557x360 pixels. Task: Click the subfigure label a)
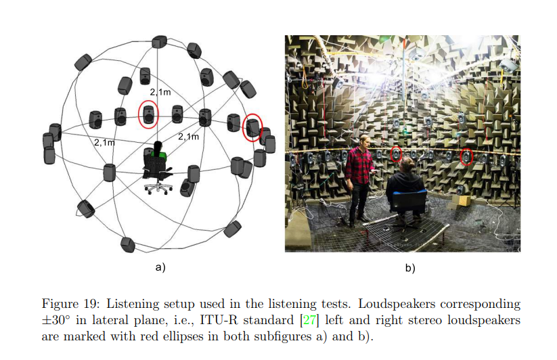[160, 267]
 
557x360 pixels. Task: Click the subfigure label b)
[410, 267]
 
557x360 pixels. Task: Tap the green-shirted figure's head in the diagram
[158, 145]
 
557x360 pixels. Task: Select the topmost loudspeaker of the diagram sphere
[159, 42]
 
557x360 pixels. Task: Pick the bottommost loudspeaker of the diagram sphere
[127, 244]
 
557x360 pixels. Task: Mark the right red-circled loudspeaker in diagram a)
[252, 127]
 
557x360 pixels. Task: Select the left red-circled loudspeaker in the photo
[397, 155]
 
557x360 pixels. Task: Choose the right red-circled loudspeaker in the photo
[466, 158]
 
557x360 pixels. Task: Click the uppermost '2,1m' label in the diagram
[160, 91]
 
